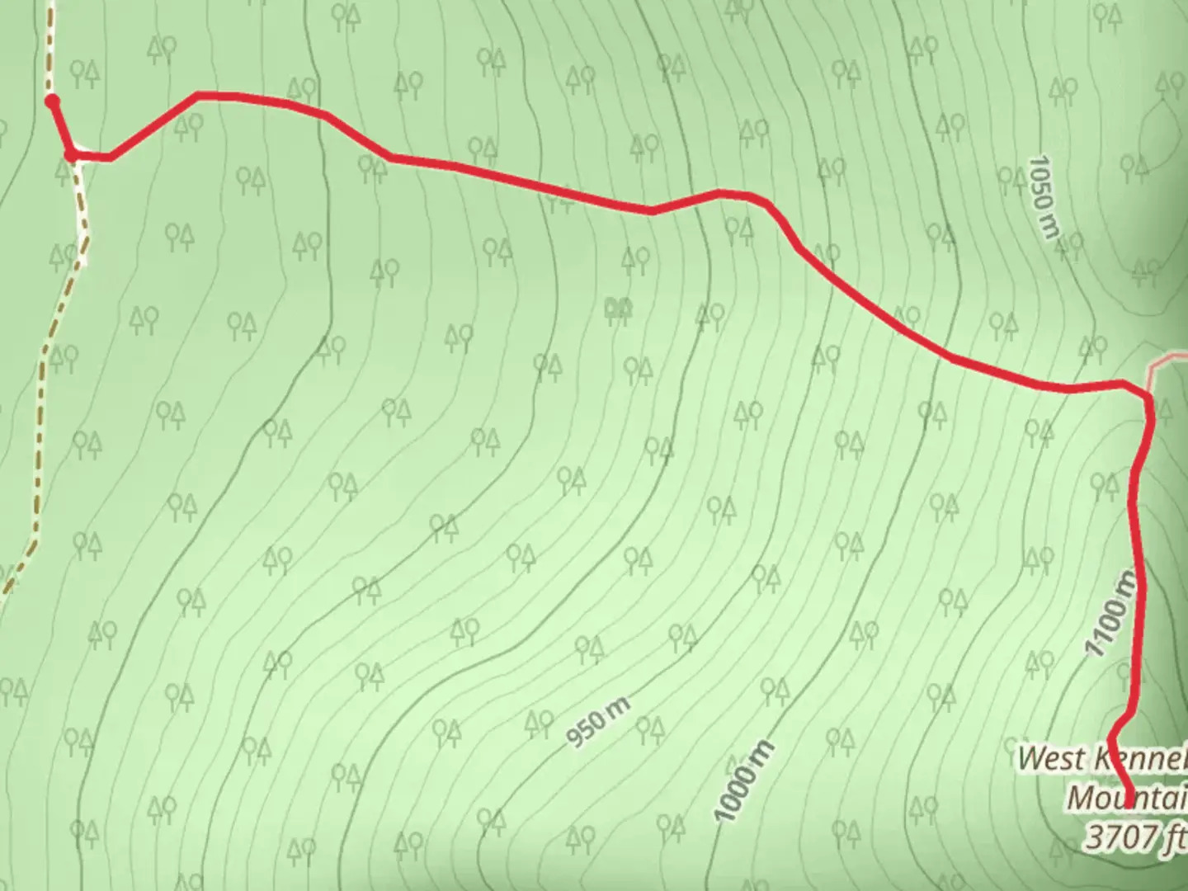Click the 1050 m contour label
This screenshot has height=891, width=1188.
point(1043,197)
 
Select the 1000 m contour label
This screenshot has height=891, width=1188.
point(744,781)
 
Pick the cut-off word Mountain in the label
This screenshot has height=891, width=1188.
point(1127,799)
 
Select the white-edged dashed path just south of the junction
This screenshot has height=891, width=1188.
point(82,206)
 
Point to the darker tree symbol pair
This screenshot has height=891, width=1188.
point(618,308)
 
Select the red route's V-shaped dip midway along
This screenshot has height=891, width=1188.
point(652,211)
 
